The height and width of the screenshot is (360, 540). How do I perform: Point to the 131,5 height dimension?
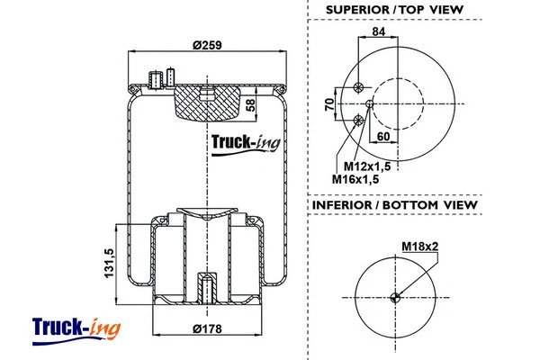107,263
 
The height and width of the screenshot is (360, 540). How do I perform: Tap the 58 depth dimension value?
250,105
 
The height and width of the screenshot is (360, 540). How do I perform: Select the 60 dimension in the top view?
383,137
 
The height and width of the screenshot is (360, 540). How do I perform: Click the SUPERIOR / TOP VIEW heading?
395,10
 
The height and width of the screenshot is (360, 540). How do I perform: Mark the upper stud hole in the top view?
359,87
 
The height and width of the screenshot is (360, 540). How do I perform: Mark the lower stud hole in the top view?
359,120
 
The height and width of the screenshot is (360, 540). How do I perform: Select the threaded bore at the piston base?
207,289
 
